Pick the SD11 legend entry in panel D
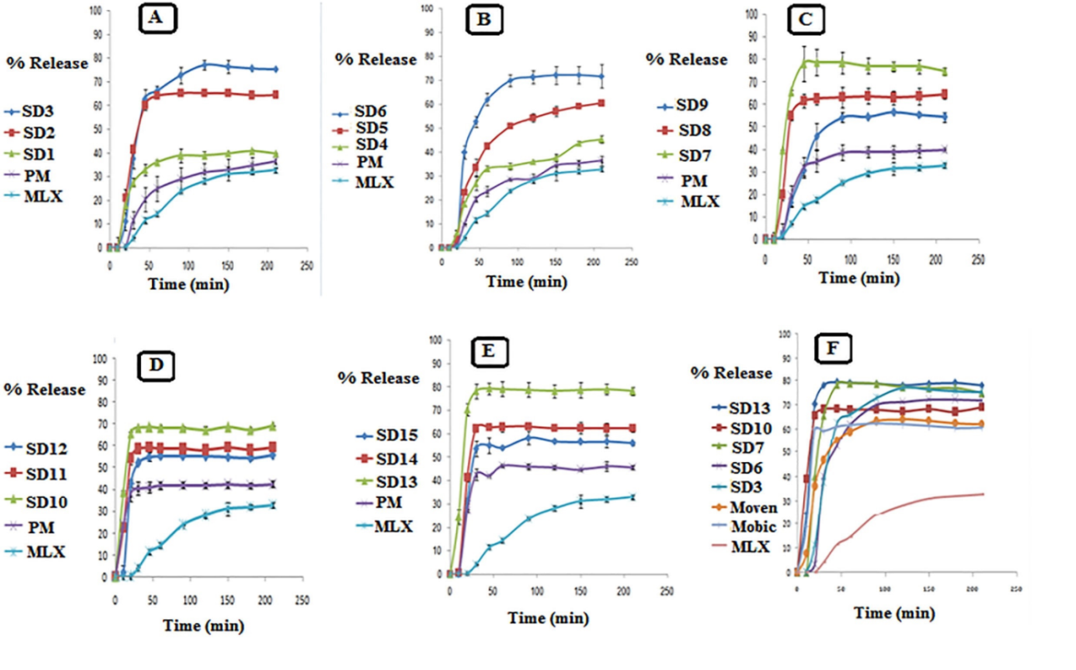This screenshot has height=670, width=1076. coord(35,473)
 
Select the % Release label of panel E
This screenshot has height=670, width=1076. coord(378,379)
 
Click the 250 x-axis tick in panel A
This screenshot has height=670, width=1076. coord(307,265)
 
